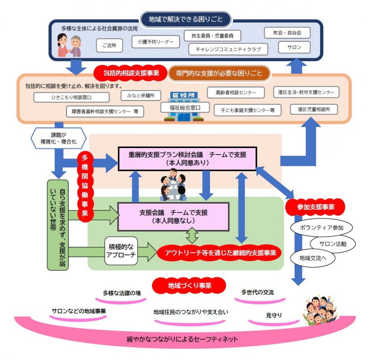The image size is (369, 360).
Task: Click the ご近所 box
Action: coord(109,46)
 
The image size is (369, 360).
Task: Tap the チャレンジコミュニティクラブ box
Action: coord(228,49)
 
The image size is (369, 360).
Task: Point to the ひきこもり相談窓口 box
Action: coord(71,97)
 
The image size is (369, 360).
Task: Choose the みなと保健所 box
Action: coord(141,95)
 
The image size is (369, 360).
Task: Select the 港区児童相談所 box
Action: coord(314,109)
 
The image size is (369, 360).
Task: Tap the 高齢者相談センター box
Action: coord(235,93)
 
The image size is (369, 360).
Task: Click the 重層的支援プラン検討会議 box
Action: coord(187,159)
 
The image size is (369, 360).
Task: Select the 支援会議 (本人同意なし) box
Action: coord(173,216)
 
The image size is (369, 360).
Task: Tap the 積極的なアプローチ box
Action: coord(121,250)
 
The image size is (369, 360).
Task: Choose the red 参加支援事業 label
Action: coord(315,207)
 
